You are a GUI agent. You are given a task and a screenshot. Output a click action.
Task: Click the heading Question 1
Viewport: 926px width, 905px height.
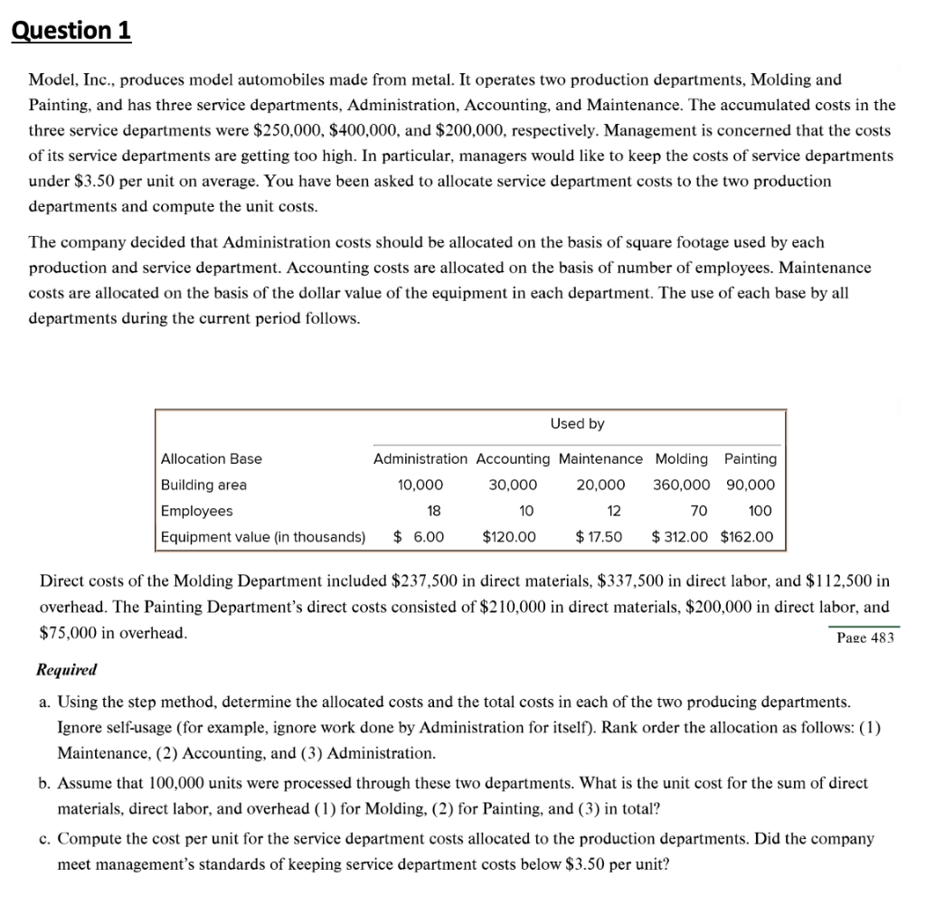(71, 31)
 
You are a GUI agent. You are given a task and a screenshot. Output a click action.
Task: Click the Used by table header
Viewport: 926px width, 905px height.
(577, 423)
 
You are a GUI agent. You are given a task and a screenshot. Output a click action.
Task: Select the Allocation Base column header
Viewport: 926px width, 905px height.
(211, 458)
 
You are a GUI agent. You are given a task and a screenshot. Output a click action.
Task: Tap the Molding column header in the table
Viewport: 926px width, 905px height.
(681, 458)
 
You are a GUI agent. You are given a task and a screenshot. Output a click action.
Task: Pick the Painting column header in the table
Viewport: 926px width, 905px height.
(750, 458)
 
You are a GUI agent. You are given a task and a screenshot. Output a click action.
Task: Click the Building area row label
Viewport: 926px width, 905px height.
(203, 485)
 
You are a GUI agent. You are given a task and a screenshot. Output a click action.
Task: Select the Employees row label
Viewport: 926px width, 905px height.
(196, 511)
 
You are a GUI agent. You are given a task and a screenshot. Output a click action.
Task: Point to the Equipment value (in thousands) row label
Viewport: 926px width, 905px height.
(263, 537)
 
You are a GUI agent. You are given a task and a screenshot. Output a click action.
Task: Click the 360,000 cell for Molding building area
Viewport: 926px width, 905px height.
(681, 485)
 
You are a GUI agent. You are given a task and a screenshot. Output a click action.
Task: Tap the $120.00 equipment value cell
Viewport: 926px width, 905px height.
(508, 537)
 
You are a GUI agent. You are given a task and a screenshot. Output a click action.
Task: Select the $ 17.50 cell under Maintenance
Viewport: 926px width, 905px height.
(599, 537)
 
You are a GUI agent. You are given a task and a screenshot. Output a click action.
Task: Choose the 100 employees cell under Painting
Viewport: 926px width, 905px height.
(761, 511)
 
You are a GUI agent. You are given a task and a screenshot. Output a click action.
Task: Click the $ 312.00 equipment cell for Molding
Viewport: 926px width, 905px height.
(680, 537)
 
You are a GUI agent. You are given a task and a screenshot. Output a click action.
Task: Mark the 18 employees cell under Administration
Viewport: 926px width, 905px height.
(434, 511)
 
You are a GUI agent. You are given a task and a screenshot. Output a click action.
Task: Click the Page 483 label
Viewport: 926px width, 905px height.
(865, 637)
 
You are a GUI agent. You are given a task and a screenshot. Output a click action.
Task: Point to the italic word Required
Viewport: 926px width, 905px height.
(66, 670)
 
